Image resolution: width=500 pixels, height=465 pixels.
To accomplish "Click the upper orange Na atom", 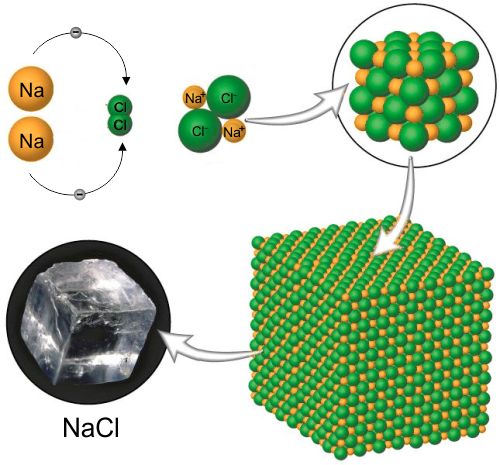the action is (31, 89).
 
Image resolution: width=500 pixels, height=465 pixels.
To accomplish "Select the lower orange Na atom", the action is (31, 140).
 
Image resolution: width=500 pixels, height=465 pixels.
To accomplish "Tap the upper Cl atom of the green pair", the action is (120, 107).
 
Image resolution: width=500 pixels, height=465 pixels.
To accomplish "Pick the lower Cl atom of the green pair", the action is (120, 125).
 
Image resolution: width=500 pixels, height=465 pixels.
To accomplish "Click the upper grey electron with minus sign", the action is (76, 32).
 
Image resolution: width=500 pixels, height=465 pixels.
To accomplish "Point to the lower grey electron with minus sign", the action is (79, 193).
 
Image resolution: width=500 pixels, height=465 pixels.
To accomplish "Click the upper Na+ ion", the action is (195, 98).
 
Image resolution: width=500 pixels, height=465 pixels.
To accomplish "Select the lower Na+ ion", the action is (234, 131).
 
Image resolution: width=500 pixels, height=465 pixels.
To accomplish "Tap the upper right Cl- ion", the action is (228, 97).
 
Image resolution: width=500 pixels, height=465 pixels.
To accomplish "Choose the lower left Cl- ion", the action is (200, 131).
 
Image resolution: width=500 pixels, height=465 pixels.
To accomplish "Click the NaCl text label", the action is (91, 428).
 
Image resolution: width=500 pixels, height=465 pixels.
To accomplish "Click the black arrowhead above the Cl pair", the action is (126, 81).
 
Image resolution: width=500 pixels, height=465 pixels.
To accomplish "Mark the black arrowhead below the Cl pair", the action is (123, 147).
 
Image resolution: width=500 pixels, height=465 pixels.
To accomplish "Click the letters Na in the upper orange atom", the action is (31, 89).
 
